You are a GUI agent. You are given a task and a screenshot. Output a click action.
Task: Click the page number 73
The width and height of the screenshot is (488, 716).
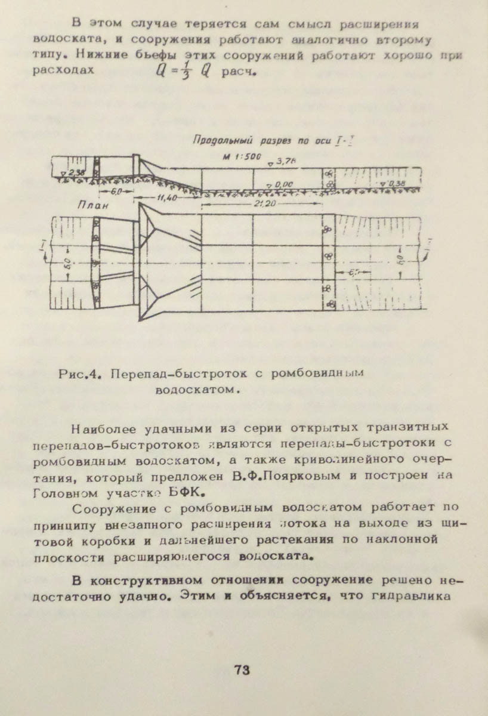coord(242,669)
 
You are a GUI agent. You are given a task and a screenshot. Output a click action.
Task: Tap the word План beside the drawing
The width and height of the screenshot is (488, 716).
coord(91,206)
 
